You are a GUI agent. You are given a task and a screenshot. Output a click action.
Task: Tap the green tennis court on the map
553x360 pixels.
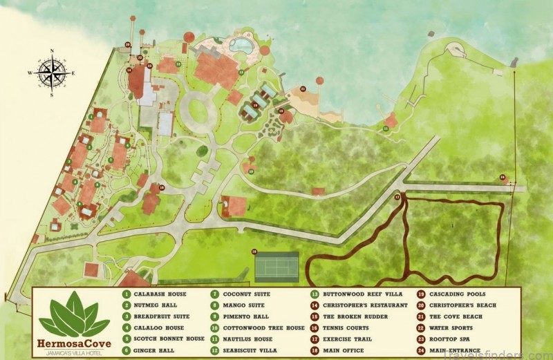276,266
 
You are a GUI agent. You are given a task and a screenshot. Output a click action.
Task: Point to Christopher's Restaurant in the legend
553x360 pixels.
353,305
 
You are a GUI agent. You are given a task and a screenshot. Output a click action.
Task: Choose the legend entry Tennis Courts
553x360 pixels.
343,328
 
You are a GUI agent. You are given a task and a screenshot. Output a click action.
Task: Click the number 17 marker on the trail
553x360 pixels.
397,198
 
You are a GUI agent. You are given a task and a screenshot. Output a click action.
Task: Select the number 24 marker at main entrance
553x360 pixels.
502,176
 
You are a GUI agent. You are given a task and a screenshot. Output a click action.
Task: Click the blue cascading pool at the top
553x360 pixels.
241,46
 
